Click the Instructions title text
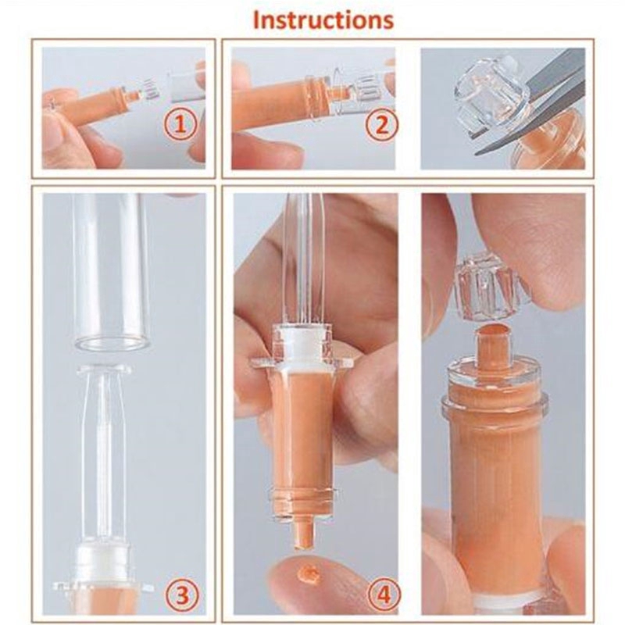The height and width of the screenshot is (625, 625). pyautogui.click(x=323, y=20)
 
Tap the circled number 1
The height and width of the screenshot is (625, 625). pyautogui.click(x=180, y=123)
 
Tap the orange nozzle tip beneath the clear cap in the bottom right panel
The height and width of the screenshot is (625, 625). pyautogui.click(x=490, y=338)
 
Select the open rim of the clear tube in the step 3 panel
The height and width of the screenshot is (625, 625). pyautogui.click(x=112, y=342)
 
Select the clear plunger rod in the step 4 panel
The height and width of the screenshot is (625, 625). pyautogui.click(x=298, y=258)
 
